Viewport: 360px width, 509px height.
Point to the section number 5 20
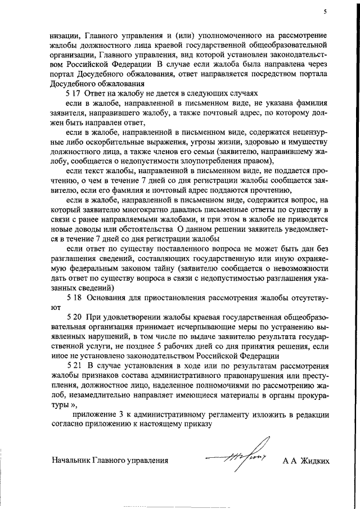74,318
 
